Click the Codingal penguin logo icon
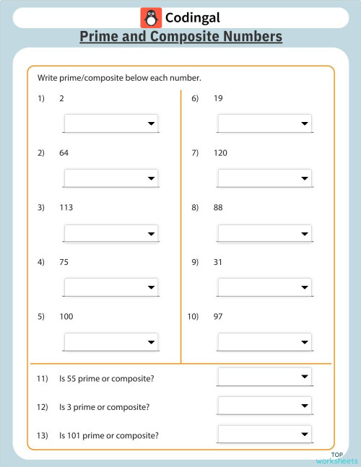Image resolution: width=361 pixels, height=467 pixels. tap(150, 18)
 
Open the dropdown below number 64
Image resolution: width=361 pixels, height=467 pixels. tap(110, 178)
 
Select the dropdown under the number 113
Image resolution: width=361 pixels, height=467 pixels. tap(110, 233)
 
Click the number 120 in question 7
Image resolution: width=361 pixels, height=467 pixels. tap(220, 153)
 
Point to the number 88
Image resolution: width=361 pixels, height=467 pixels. tap(218, 208)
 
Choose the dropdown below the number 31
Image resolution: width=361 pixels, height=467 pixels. tap(264, 287)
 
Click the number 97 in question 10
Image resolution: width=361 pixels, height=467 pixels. tap(218, 317)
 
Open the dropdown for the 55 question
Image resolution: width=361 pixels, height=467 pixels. tap(264, 377)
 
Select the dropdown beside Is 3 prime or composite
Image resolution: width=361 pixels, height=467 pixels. tap(264, 406)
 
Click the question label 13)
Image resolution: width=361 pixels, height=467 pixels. tap(42, 435)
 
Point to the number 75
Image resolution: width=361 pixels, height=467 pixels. tap(64, 263)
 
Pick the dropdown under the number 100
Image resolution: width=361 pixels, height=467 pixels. tap(110, 341)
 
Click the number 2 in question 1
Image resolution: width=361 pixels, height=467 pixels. tap(61, 98)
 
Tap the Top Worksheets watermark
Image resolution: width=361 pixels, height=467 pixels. tap(336, 458)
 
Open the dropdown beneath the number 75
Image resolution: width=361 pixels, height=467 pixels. tap(110, 287)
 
